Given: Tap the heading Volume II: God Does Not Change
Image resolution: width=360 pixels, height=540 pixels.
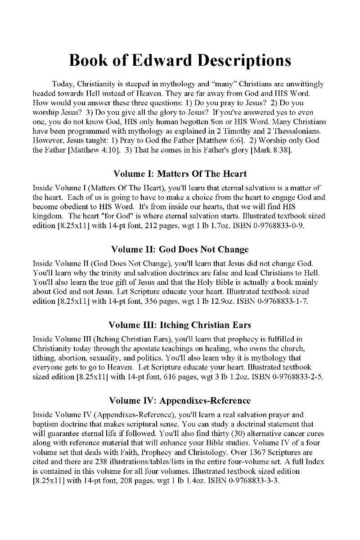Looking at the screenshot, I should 180,249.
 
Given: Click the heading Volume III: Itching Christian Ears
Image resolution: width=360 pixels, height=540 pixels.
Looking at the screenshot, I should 180,324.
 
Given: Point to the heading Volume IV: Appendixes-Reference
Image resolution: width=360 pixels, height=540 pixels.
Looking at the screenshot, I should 180,400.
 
